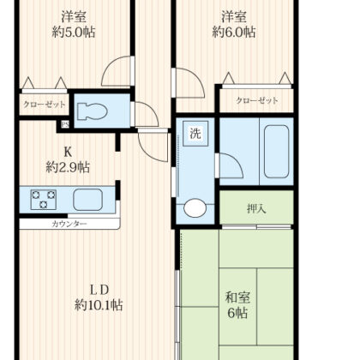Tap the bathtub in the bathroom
[276, 152]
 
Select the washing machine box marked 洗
[195, 134]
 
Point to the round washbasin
[195, 207]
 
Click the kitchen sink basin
[87, 200]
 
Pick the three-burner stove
[44, 200]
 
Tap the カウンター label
[69, 224]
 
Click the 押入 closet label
[256, 209]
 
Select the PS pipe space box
[65, 124]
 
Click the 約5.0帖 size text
[74, 32]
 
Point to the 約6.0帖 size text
[234, 32]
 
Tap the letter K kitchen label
[68, 152]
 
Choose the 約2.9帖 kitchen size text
[68, 167]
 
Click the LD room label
[99, 291]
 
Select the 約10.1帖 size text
[99, 305]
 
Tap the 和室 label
[237, 297]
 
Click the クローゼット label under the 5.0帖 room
[44, 105]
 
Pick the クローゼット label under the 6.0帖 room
[257, 100]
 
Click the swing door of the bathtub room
[229, 165]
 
